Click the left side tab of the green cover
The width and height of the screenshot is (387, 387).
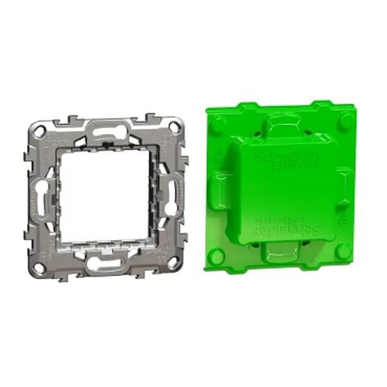[x=217, y=186]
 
